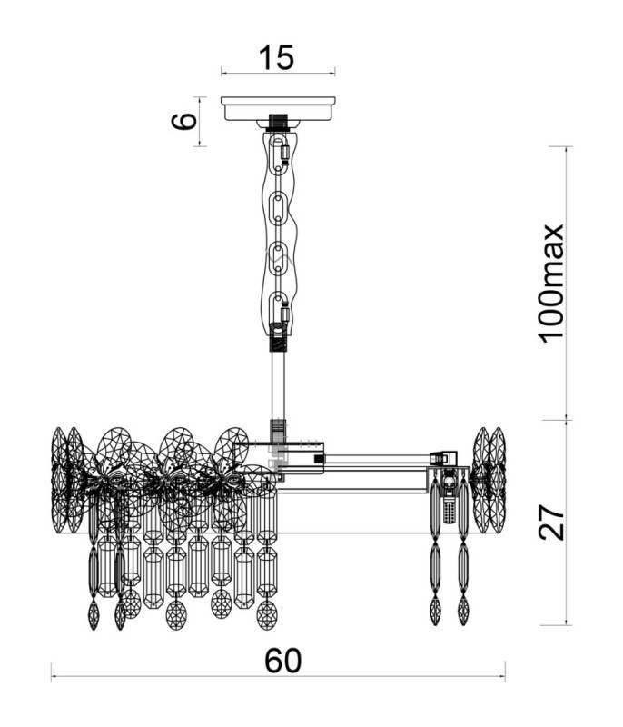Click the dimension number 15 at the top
(x=276, y=57)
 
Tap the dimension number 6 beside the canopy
(x=183, y=122)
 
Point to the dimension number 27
(x=551, y=522)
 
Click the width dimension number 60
(x=283, y=661)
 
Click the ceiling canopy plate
(x=278, y=108)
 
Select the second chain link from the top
(x=278, y=206)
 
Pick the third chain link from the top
(x=278, y=257)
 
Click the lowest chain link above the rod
(x=278, y=306)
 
